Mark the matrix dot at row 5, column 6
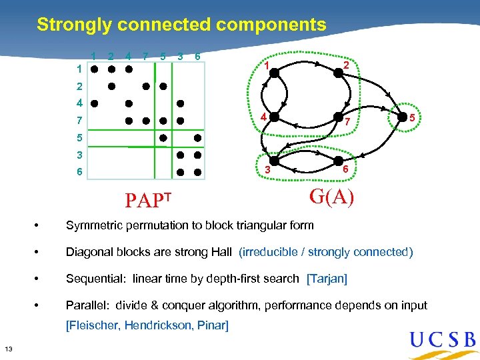point(197,137)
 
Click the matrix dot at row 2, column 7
point(146,86)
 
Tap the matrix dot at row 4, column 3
point(181,103)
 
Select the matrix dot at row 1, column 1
point(95,69)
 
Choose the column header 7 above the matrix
point(145,57)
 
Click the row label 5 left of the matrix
point(79,138)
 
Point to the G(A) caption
point(331,196)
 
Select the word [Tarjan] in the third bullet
point(327,279)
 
